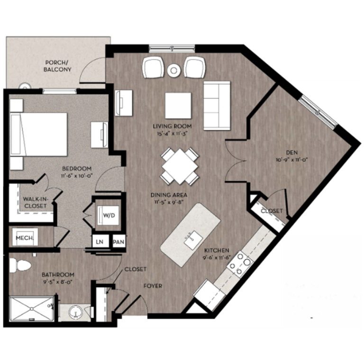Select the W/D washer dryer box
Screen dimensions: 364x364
(109, 215)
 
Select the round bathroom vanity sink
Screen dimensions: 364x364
(75, 312)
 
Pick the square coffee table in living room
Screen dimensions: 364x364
(178, 105)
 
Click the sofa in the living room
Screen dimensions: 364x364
(217, 105)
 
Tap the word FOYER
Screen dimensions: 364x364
(153, 286)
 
